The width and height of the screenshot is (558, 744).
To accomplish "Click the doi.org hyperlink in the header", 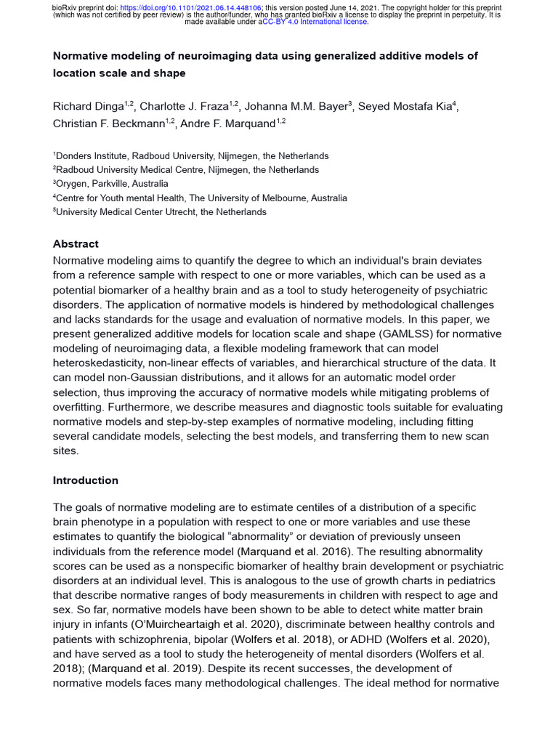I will [x=201, y=7].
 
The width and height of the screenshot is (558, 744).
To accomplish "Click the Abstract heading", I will [x=76, y=244].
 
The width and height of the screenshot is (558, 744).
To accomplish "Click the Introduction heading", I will [x=85, y=480].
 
